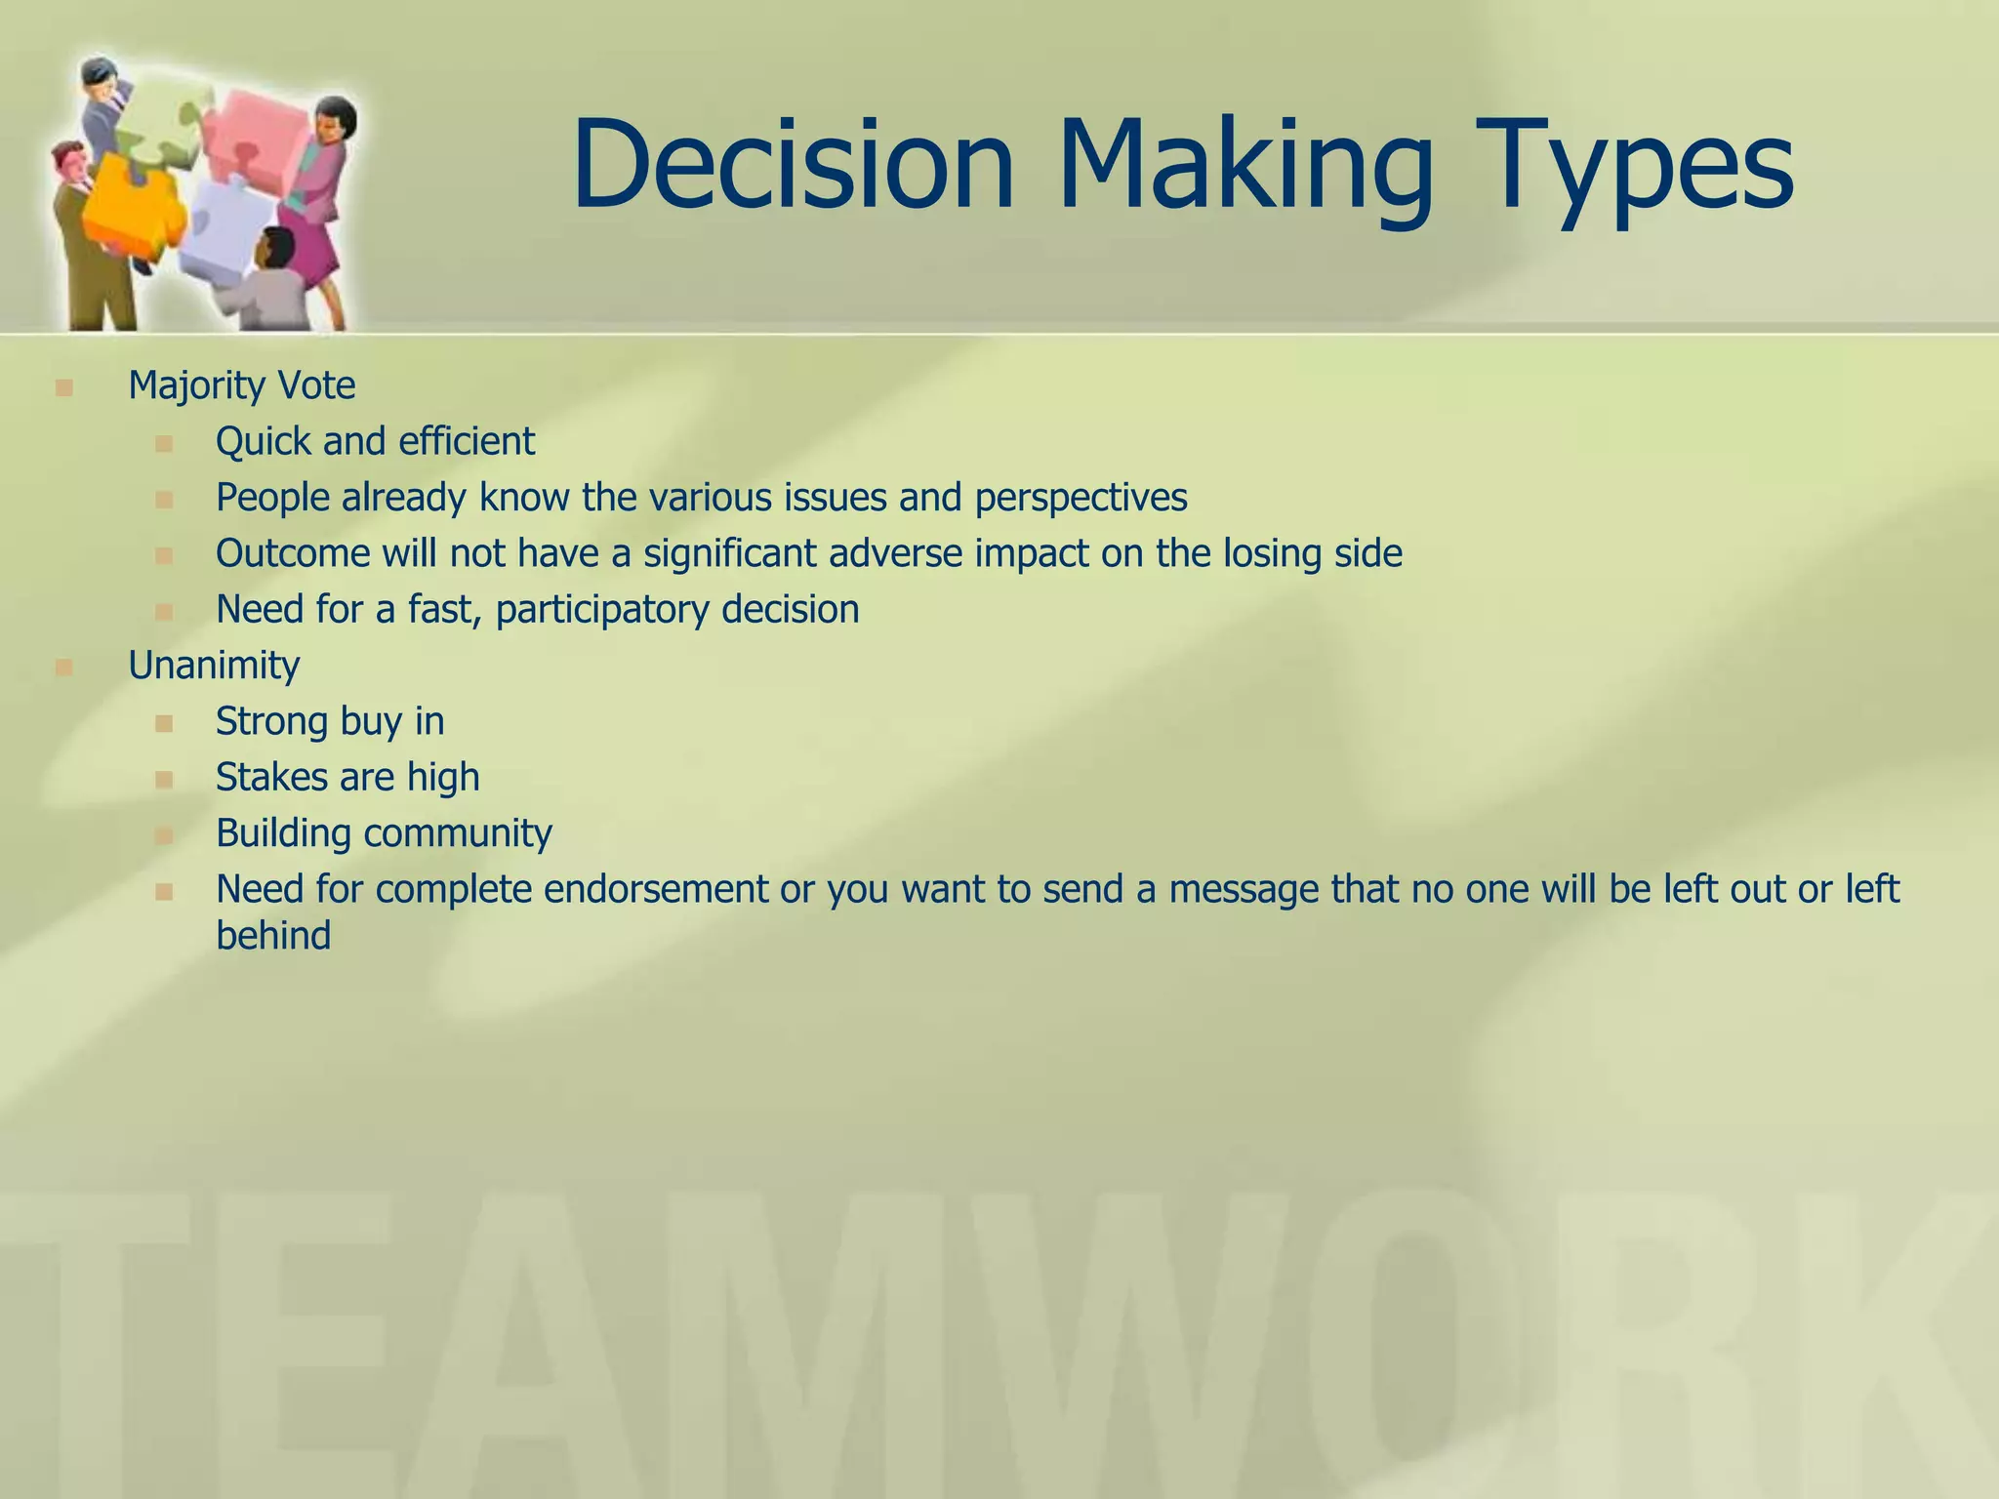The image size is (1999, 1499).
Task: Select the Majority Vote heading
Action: point(241,385)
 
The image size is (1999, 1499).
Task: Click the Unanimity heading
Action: point(214,666)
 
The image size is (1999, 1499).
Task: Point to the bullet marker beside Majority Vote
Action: point(64,388)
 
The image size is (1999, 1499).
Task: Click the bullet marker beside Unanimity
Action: point(64,668)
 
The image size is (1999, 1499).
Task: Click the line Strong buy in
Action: point(329,722)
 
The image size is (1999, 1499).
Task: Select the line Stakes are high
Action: point(347,778)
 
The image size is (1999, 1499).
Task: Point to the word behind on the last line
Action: point(272,936)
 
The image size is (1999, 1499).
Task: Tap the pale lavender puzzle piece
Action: point(220,234)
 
